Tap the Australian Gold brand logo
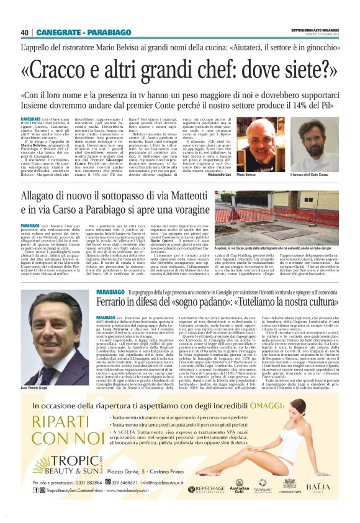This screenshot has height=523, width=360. click(x=235, y=488)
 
